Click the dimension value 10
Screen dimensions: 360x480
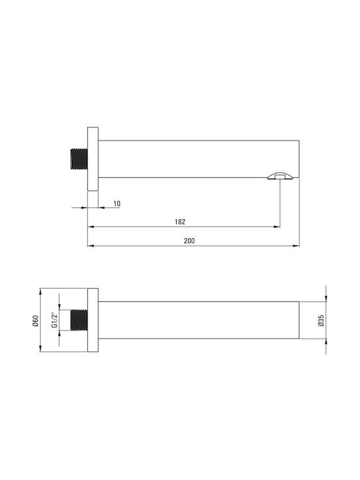pyautogui.click(x=117, y=203)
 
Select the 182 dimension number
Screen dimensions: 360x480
pyautogui.click(x=180, y=221)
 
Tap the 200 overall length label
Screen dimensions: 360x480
pyautogui.click(x=189, y=241)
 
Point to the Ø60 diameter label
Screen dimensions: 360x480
pyautogui.click(x=35, y=321)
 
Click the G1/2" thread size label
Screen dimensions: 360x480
pyautogui.click(x=55, y=320)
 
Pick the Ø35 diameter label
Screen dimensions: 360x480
pyautogui.click(x=321, y=320)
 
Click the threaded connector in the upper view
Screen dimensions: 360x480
pyautogui.click(x=79, y=159)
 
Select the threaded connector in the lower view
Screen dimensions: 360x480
pyautogui.click(x=79, y=320)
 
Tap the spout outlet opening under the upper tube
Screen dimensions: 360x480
pyautogui.click(x=281, y=176)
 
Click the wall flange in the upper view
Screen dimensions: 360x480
pyautogui.click(x=93, y=159)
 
